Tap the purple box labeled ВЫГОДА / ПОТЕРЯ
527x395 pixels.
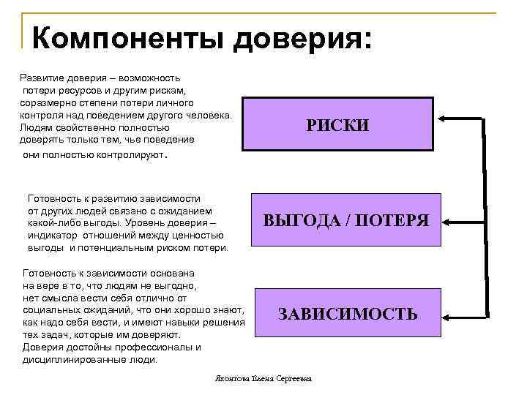(x=346, y=219)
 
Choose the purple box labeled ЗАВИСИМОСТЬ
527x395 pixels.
(x=348, y=315)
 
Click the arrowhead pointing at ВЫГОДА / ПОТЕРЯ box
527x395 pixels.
(x=448, y=219)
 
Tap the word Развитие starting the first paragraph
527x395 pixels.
(x=41, y=77)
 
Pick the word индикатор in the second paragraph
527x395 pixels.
(x=53, y=236)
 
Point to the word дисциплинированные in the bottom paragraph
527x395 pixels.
(x=71, y=359)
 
